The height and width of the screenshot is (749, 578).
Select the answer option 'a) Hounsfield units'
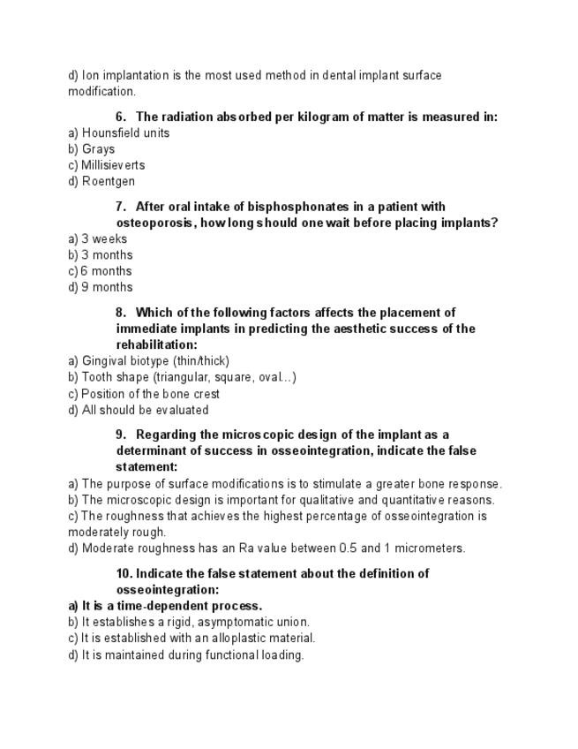click(x=119, y=133)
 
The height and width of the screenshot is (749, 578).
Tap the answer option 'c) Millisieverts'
click(x=107, y=165)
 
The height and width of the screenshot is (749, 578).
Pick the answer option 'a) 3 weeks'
click(x=98, y=239)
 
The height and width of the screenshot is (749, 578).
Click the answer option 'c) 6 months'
click(x=100, y=271)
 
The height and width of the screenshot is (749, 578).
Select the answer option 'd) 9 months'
click(x=101, y=287)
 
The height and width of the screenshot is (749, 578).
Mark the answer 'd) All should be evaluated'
click(x=139, y=410)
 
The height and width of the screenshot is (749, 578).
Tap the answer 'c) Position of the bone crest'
click(x=144, y=394)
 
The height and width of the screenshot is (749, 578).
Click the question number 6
click(x=121, y=117)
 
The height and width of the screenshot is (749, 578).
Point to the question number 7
click(x=121, y=207)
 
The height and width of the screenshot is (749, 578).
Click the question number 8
click(x=121, y=313)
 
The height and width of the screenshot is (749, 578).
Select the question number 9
click(x=121, y=435)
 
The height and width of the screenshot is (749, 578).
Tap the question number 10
click(x=124, y=573)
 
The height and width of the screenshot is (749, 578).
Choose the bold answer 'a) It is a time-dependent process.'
click(x=165, y=606)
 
